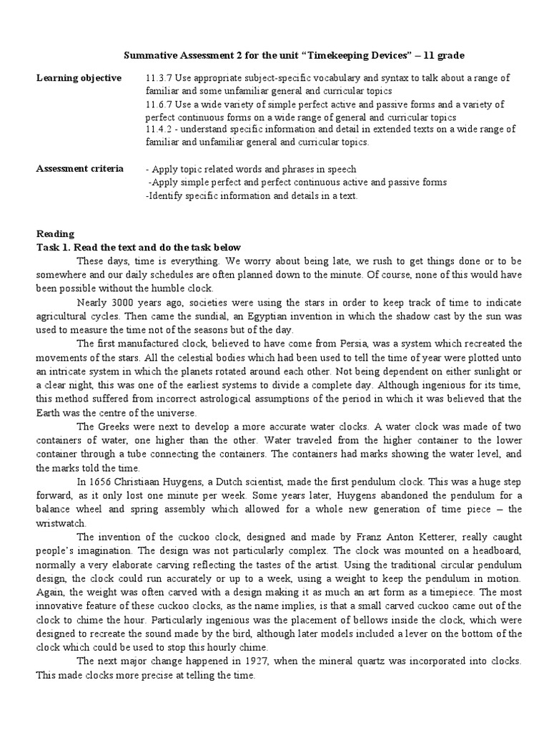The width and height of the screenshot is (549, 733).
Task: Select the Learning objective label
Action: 79,77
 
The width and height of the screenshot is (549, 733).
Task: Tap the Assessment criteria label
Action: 79,169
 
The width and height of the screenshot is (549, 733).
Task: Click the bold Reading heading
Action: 55,234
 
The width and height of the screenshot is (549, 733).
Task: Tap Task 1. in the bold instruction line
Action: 54,247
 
